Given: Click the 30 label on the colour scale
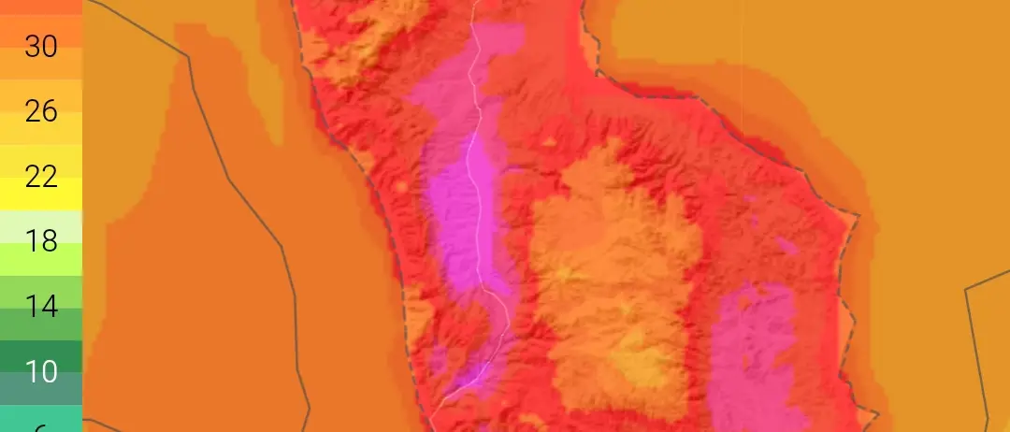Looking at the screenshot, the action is (x=40, y=47).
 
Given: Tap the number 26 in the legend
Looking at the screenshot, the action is (x=40, y=112).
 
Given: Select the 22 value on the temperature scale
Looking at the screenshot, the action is (x=40, y=177).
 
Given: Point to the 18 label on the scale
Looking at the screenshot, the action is (x=40, y=242).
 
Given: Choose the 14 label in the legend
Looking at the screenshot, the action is (x=40, y=307).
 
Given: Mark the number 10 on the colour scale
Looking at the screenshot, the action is (x=40, y=372).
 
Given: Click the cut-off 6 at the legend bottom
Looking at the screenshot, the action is (x=40, y=425).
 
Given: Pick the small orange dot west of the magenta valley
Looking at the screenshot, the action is (x=403, y=187).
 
